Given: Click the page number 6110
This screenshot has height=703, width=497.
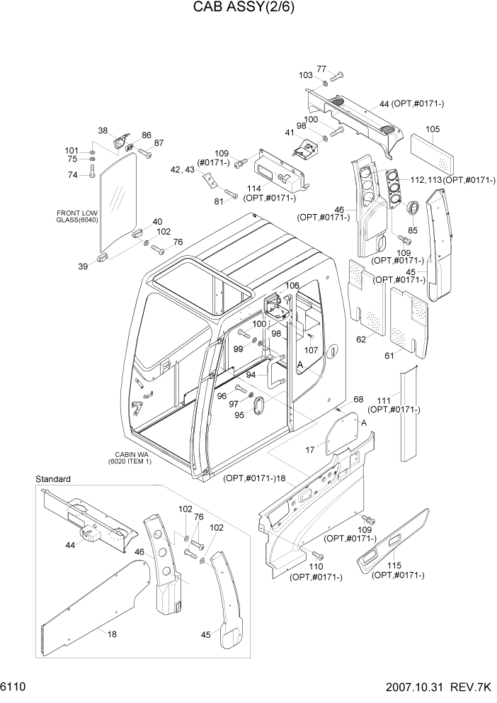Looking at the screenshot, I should click(x=16, y=688).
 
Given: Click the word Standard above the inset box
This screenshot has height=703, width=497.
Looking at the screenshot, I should click(x=53, y=480).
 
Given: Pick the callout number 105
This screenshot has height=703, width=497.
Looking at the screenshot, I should click(x=433, y=129).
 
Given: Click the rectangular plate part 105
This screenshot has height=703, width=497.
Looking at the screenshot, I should click(x=432, y=154).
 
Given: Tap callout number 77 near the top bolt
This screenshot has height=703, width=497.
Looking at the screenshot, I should click(x=321, y=69).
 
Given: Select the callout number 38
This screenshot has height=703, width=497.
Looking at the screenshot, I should click(x=103, y=131).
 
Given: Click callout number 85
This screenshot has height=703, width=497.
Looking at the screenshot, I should click(x=413, y=229).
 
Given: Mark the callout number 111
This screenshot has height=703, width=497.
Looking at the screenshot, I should click(x=383, y=400).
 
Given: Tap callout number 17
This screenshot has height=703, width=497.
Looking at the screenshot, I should click(x=309, y=449).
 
